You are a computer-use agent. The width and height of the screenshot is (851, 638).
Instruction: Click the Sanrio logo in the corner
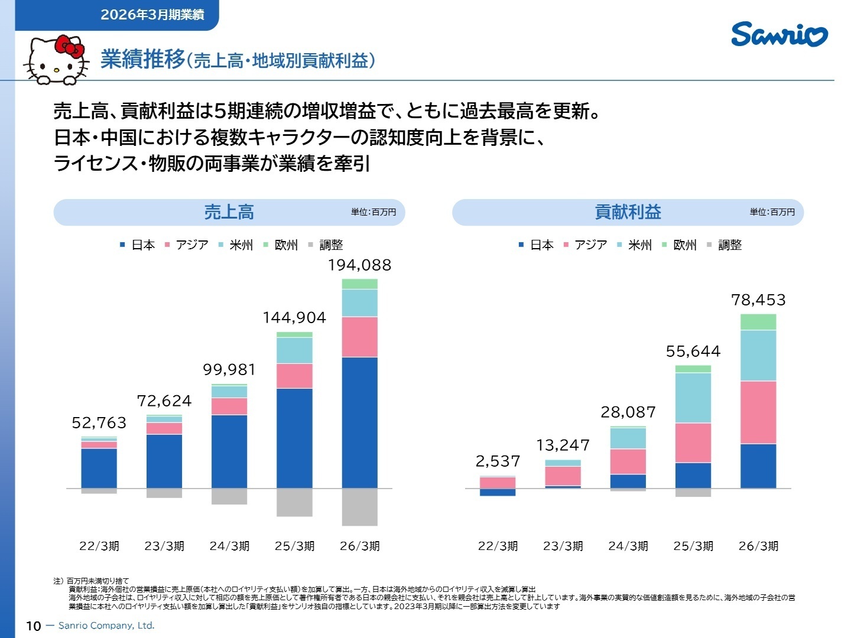(x=779, y=34)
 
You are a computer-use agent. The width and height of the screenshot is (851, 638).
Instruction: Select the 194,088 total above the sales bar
(x=360, y=265)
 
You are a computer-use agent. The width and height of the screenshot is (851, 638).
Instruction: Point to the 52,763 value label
(x=99, y=422)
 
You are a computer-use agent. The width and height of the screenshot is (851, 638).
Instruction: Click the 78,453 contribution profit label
(x=758, y=300)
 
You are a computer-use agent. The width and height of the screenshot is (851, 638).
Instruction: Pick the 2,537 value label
(x=498, y=461)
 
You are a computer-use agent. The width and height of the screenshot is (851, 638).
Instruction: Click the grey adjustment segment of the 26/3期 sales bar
(x=360, y=507)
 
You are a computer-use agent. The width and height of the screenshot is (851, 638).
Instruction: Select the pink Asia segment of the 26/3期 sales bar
(x=360, y=337)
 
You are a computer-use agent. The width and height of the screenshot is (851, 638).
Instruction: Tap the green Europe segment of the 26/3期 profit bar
(x=758, y=322)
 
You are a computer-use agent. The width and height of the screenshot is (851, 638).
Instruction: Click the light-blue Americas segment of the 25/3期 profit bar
(x=693, y=398)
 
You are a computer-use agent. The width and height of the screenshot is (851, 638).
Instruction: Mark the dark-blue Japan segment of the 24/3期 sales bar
(x=229, y=452)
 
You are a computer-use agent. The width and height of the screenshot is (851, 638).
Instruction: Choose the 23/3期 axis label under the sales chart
(x=164, y=546)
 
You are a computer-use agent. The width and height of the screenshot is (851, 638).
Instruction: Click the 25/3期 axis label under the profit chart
(x=693, y=546)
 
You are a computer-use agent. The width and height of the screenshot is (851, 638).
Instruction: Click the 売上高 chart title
(x=229, y=212)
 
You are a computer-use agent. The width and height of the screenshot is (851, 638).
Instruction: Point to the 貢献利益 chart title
(x=628, y=212)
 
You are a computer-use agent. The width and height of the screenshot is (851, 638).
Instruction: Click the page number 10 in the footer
(x=33, y=626)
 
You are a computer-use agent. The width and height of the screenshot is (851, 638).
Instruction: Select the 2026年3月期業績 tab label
(x=152, y=15)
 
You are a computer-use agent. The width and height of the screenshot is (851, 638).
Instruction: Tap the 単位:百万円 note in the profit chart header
(x=772, y=212)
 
